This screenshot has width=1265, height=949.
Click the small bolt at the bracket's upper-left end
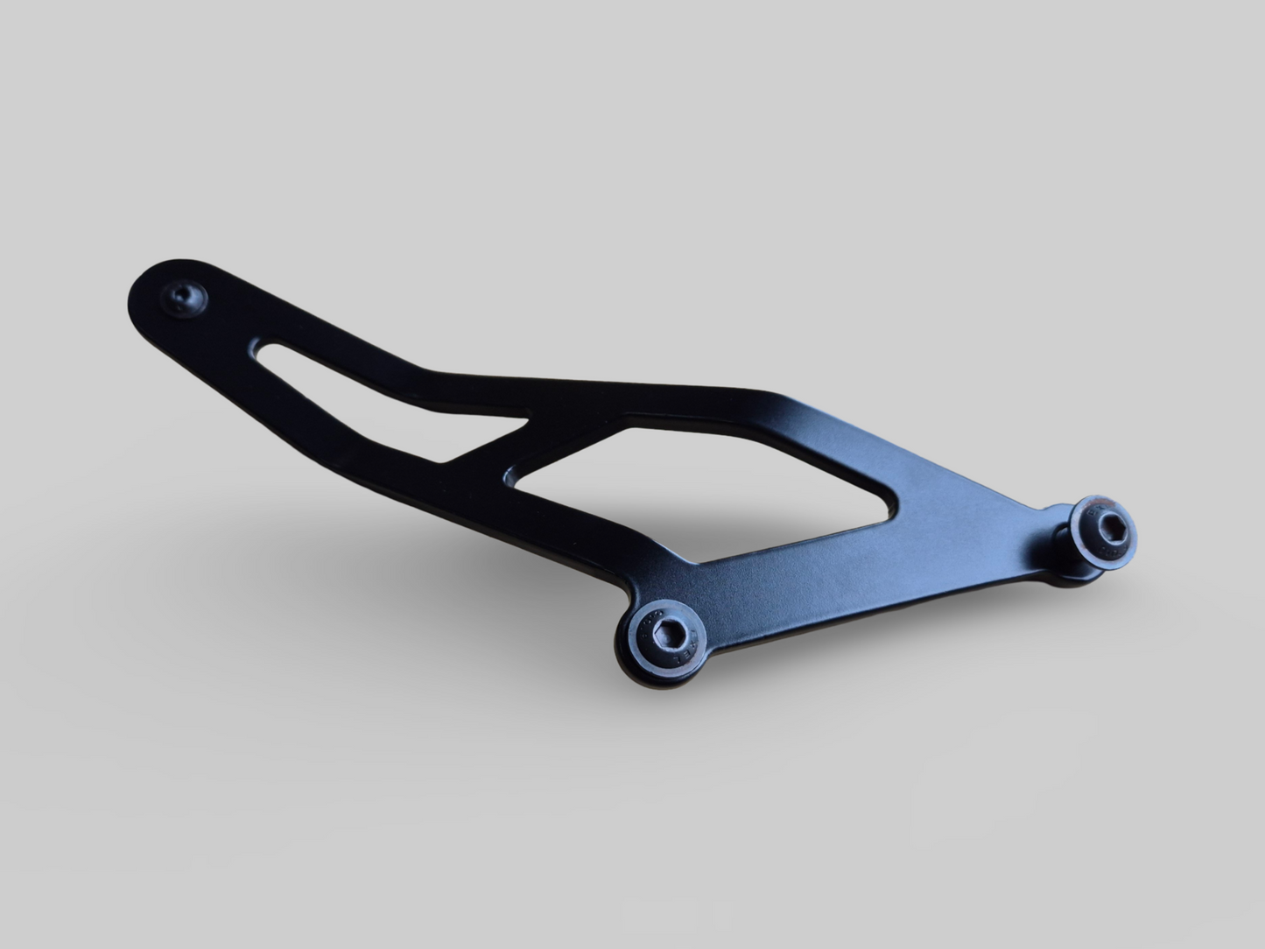coord(185,298)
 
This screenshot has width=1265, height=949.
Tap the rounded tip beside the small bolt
coord(147,289)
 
